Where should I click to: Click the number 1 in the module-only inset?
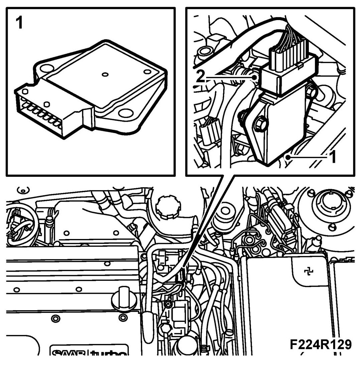point(20,23)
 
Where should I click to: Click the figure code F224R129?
point(321,345)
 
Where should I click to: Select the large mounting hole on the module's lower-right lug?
point(126,114)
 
